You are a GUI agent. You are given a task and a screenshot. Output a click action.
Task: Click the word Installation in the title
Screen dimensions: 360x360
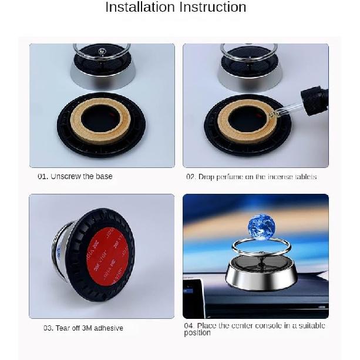139,8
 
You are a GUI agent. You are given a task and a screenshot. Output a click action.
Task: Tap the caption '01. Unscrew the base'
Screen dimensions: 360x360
75,176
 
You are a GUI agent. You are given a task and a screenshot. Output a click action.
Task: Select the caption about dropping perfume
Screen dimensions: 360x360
251,177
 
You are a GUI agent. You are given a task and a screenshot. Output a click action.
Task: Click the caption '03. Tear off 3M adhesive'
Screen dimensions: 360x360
83,328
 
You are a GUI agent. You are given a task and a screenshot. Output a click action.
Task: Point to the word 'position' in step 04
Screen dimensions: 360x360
197,333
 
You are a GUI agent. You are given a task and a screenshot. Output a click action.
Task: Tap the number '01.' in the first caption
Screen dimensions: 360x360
43,176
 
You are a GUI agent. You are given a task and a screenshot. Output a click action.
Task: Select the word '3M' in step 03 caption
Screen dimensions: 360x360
87,328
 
